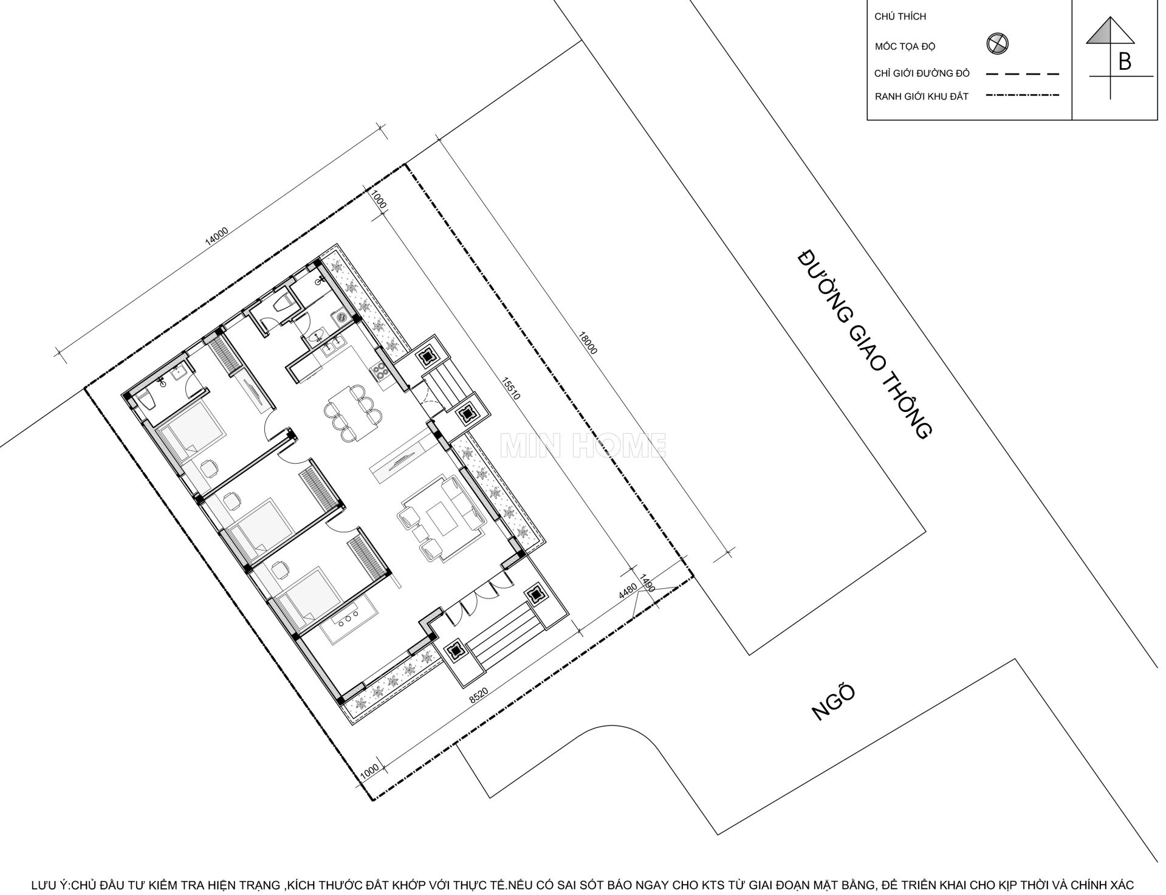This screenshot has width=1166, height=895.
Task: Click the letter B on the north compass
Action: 1125,62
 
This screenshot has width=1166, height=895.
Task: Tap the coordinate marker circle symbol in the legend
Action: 997,44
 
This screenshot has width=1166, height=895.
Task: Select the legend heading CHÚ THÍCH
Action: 900,16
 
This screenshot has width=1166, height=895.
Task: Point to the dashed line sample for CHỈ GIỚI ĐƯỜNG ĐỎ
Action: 1023,74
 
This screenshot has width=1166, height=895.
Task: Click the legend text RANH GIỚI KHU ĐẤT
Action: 921,97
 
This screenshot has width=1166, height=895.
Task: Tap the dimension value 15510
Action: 511,389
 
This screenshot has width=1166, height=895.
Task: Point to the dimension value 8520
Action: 478,698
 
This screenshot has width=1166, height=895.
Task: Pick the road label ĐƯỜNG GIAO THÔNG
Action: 864,344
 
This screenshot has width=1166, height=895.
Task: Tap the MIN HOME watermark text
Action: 583,445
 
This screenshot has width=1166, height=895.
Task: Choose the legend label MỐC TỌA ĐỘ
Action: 905,46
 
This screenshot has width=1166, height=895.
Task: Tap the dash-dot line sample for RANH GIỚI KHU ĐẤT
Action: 1023,95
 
